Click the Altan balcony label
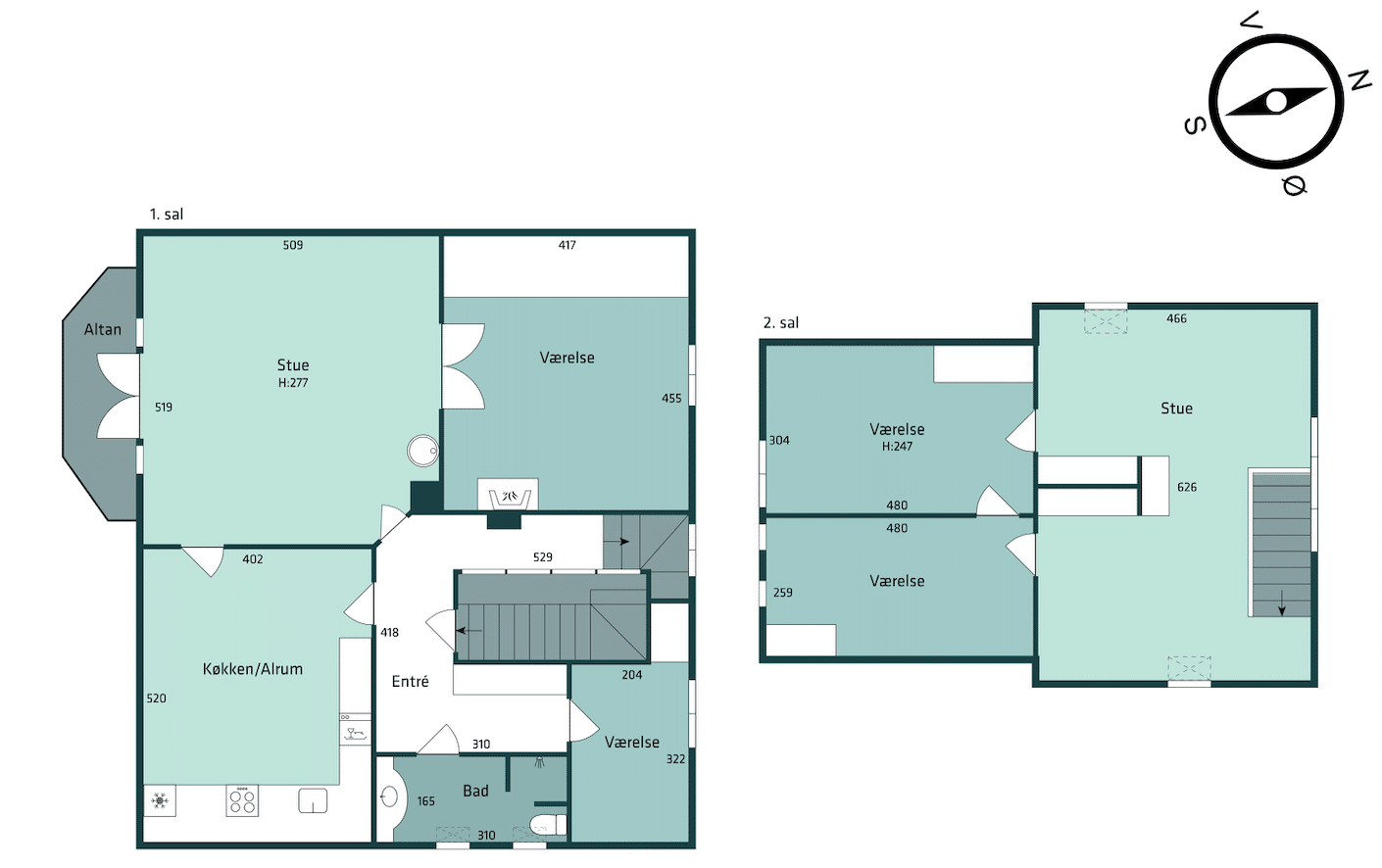pyautogui.click(x=102, y=330)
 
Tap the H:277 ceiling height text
pyautogui.click(x=293, y=383)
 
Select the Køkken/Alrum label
pyautogui.click(x=253, y=669)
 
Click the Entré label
pyautogui.click(x=411, y=681)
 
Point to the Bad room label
pyautogui.click(x=475, y=791)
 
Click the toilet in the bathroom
pyautogui.click(x=548, y=824)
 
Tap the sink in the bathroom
pyautogui.click(x=389, y=796)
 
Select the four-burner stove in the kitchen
pyautogui.click(x=242, y=800)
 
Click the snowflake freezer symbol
pyautogui.click(x=160, y=800)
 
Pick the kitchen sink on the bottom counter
pyautogui.click(x=313, y=800)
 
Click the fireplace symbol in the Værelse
pyautogui.click(x=509, y=497)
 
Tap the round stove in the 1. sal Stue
pyautogui.click(x=422, y=451)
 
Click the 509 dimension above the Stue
pyautogui.click(x=293, y=245)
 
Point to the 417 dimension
pyautogui.click(x=567, y=245)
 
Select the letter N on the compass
pyautogui.click(x=1360, y=80)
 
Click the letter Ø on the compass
pyautogui.click(x=1295, y=185)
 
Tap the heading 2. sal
pyautogui.click(x=781, y=322)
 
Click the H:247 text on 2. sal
pyautogui.click(x=897, y=447)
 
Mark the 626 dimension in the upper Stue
pyautogui.click(x=1187, y=487)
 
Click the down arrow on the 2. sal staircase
pyautogui.click(x=1282, y=603)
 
